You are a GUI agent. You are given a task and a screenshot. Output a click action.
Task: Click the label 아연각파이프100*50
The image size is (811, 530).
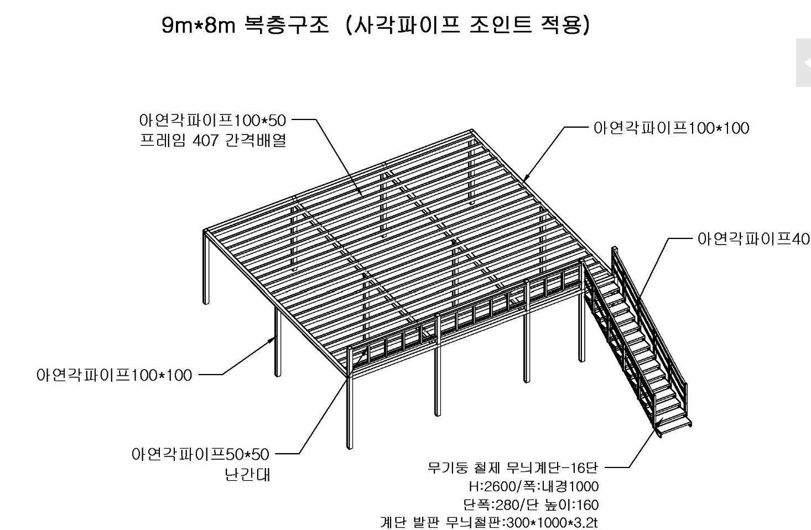212,120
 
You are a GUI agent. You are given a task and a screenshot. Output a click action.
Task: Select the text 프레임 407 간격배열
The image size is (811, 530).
213,141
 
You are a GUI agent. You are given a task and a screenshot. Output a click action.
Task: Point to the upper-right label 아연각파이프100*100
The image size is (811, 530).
671,128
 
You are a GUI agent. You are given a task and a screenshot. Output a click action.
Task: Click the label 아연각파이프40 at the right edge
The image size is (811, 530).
753,239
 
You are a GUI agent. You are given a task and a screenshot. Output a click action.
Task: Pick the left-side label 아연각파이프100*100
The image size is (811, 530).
114,375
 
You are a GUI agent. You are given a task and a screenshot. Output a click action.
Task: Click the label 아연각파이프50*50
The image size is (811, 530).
200,455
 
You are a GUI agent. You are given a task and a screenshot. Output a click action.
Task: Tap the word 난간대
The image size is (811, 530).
247,475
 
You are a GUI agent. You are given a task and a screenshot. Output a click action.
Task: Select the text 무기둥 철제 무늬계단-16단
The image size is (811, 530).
513,467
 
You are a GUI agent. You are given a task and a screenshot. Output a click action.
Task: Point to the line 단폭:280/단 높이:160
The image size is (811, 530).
531,505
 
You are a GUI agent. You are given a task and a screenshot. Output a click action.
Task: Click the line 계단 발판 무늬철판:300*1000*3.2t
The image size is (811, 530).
489,522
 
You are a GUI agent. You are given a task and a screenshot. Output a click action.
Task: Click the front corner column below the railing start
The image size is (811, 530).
350,409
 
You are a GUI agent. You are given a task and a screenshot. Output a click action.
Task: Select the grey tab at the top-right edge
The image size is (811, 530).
803,63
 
